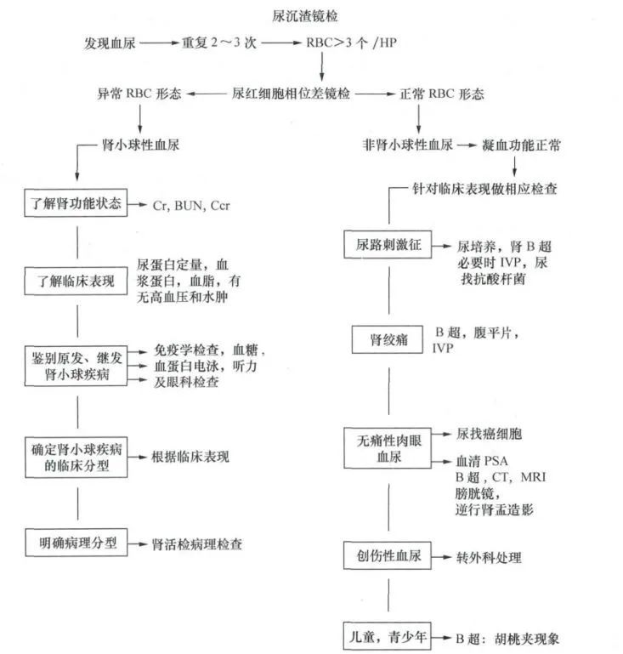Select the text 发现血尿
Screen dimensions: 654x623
109,43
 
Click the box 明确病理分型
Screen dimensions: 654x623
76,542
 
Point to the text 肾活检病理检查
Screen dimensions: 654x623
203,543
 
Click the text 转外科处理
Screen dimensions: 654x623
488,557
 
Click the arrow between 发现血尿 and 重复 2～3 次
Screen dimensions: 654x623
158,43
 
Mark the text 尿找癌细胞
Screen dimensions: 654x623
489,434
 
